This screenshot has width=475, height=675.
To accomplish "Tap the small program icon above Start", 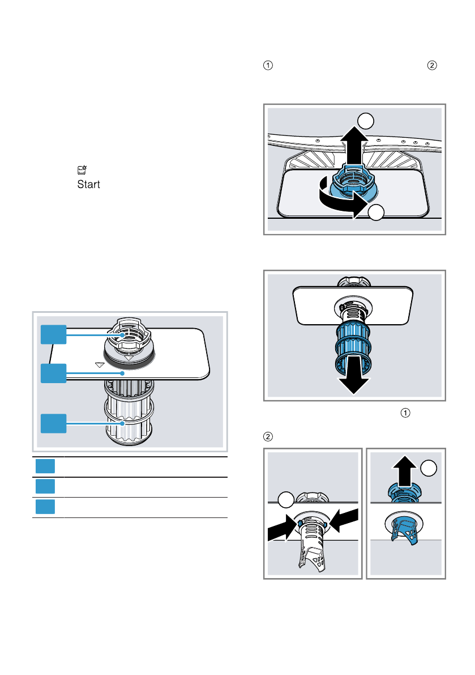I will [x=82, y=169].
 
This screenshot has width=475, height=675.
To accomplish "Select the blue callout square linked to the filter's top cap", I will [x=53, y=336].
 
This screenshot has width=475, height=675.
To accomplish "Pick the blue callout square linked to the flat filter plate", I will [x=53, y=373].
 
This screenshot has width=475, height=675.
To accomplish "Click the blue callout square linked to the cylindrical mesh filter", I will [x=53, y=424].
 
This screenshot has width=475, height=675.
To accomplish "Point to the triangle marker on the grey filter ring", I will [x=130, y=358].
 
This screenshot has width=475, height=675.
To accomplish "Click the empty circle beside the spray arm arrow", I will [x=366, y=120].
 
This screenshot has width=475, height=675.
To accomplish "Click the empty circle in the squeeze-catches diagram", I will [x=287, y=500].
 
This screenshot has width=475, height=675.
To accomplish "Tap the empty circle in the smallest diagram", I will [x=430, y=468].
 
